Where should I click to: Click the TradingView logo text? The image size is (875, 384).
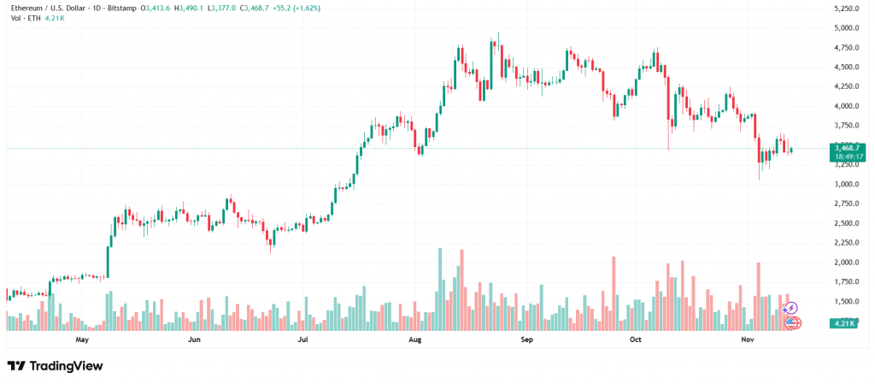pos(66,366)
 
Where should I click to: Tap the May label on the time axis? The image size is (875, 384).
pos(82,340)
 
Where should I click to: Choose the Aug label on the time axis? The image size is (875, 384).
pos(415,340)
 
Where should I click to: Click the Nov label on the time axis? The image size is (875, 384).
pos(748,340)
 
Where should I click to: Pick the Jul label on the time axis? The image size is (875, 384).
pos(302,340)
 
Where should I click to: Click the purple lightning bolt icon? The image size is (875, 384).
pos(791,308)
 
